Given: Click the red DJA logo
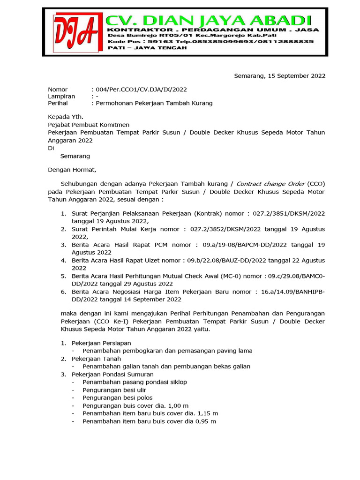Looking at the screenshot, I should [x=75, y=32].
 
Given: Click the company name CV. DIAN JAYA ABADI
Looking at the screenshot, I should [x=208, y=20].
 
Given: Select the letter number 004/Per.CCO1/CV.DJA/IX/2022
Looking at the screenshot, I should [x=136, y=90].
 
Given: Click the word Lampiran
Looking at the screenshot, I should [x=61, y=96].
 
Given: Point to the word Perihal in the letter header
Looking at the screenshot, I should [x=58, y=103].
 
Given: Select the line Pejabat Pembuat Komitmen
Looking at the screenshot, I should [x=89, y=125].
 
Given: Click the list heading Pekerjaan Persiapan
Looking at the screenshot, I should [x=101, y=343].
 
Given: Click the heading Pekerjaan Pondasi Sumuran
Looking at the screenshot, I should [x=112, y=375].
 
